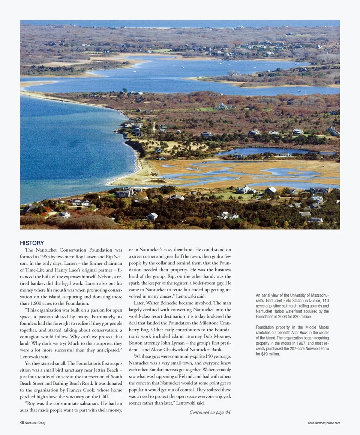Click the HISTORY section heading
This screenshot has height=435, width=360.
[32, 243]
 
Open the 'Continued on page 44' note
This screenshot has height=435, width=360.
[210, 412]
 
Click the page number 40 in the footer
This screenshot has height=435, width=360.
[22, 423]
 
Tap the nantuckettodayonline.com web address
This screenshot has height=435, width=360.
[324, 423]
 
